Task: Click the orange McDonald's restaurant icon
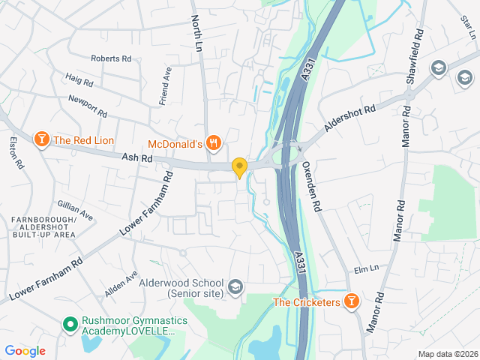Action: click(x=214, y=142)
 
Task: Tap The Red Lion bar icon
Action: click(x=41, y=139)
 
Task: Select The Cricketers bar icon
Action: click(x=351, y=301)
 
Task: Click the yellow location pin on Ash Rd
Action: click(x=239, y=168)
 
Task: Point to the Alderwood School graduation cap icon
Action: click(x=235, y=286)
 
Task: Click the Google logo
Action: click(x=25, y=350)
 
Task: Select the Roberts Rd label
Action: click(x=111, y=58)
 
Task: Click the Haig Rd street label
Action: click(x=79, y=80)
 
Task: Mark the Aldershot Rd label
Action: click(x=349, y=118)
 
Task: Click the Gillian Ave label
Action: click(x=75, y=210)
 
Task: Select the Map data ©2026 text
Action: click(x=447, y=354)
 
